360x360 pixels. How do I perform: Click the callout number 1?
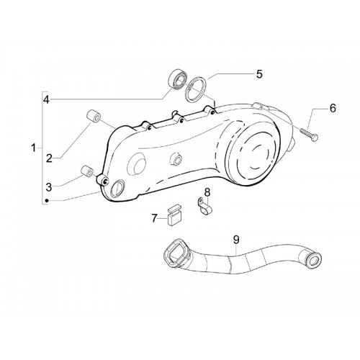coord(34,148)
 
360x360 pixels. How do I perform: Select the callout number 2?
coord(49,158)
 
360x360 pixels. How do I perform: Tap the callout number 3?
coord(49,187)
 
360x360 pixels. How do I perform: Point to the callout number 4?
coord(46,99)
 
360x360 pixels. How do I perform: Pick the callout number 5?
coord(259,74)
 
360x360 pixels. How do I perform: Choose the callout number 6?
coord(333,108)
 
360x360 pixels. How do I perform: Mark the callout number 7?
coord(154,218)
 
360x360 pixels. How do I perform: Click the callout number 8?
coord(207,192)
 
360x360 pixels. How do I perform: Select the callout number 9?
coord(236,239)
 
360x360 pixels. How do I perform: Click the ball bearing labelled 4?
coord(177,80)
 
